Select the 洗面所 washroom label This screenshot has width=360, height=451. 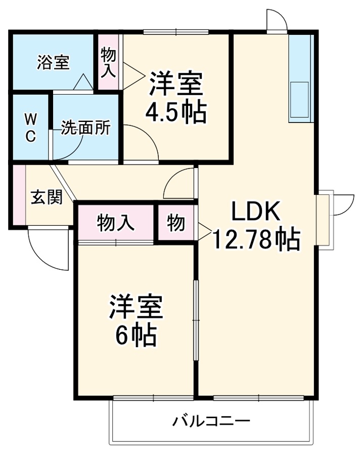coord(85,128)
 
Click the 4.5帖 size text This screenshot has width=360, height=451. coord(176,113)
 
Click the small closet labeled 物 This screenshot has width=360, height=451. coord(176,223)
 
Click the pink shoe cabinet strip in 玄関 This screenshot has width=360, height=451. coord(19,195)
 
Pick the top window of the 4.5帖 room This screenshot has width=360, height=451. coord(175,32)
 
